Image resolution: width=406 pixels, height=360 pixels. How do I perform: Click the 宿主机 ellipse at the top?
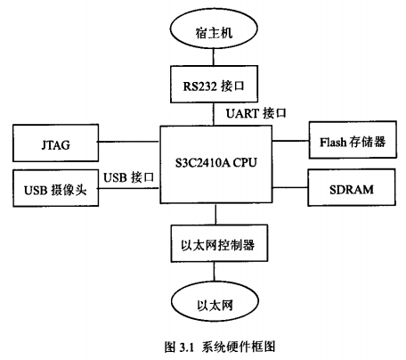[x=214, y=29]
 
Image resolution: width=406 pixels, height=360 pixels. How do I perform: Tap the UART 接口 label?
[x=256, y=113]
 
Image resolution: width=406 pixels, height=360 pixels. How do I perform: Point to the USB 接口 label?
[x=128, y=177]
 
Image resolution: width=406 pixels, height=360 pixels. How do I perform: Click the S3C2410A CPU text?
[x=215, y=163]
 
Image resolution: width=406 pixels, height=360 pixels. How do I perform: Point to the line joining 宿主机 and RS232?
[x=213, y=58]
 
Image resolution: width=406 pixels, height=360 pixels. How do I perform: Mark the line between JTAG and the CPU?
[x=129, y=142]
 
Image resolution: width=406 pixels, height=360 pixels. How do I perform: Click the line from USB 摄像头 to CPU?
[x=129, y=188]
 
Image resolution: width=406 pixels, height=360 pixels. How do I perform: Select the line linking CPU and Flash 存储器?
[x=290, y=141]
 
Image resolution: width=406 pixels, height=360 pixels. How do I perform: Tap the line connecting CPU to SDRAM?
[x=290, y=187]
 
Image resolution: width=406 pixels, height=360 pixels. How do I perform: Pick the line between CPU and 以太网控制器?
[x=215, y=214]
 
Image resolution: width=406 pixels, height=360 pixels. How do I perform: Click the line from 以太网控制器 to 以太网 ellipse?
[x=214, y=273]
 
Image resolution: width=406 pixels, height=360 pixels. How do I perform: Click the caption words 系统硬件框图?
[x=239, y=347]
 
